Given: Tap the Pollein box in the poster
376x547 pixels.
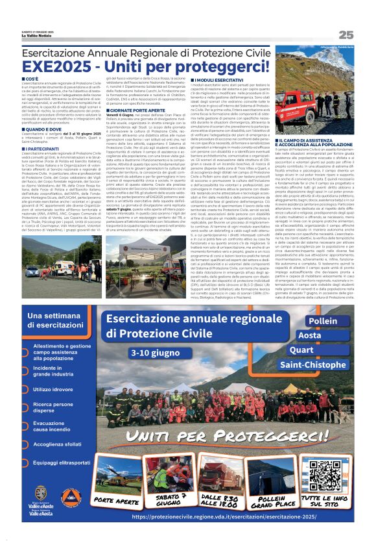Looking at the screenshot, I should point(323,321).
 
